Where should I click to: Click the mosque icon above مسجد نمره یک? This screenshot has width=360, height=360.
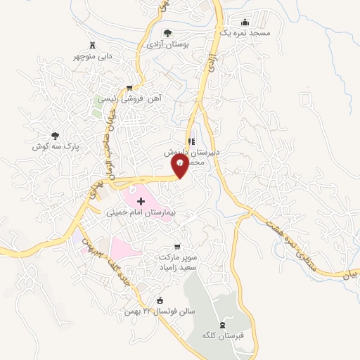244,22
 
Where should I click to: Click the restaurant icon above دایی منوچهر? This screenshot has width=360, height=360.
92,46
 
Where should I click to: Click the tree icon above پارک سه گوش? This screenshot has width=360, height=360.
54,136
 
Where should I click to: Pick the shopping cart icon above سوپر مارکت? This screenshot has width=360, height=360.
177,247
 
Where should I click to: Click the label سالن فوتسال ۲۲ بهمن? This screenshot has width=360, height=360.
170,311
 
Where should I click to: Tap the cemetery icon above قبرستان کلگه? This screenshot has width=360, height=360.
223,325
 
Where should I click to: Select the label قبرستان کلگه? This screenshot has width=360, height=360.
223,335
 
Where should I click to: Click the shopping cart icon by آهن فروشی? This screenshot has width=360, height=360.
128,88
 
